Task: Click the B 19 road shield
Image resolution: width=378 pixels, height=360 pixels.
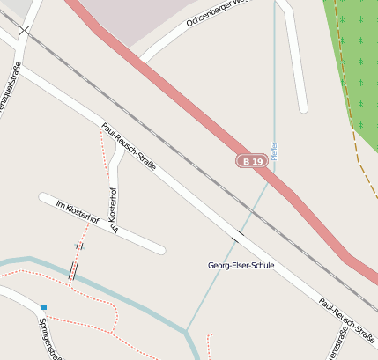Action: click(x=252, y=162)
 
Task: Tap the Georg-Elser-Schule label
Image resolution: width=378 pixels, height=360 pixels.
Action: click(x=241, y=265)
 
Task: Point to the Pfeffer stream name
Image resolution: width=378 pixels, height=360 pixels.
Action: click(x=274, y=151)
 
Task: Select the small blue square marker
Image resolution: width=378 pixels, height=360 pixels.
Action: click(x=43, y=307)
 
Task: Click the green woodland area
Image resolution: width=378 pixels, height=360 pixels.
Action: click(x=357, y=53)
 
